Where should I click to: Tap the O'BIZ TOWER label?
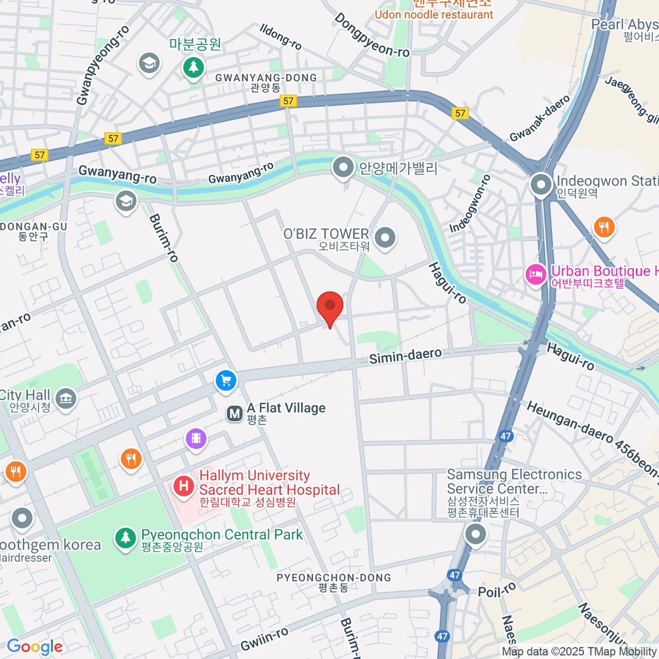tap(326, 234)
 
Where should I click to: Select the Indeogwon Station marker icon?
tap(541, 185)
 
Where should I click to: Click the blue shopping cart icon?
tap(226, 380)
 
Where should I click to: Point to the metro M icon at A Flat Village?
tap(235, 414)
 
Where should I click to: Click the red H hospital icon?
tap(184, 485)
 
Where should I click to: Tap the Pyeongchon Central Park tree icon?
tap(125, 537)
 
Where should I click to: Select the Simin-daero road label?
tap(405, 356)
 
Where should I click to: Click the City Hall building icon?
tap(66, 398)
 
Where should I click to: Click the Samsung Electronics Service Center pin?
tap(476, 534)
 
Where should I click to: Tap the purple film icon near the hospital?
tap(196, 439)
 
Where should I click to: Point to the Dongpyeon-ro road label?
tap(372, 36)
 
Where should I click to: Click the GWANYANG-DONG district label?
tap(266, 78)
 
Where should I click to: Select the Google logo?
tap(35, 646)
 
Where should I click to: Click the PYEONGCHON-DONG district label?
tap(333, 578)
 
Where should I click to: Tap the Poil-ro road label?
tap(497, 590)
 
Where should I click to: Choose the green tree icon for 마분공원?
tap(193, 68)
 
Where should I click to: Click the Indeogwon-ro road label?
tap(470, 204)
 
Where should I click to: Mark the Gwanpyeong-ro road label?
tap(103, 65)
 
